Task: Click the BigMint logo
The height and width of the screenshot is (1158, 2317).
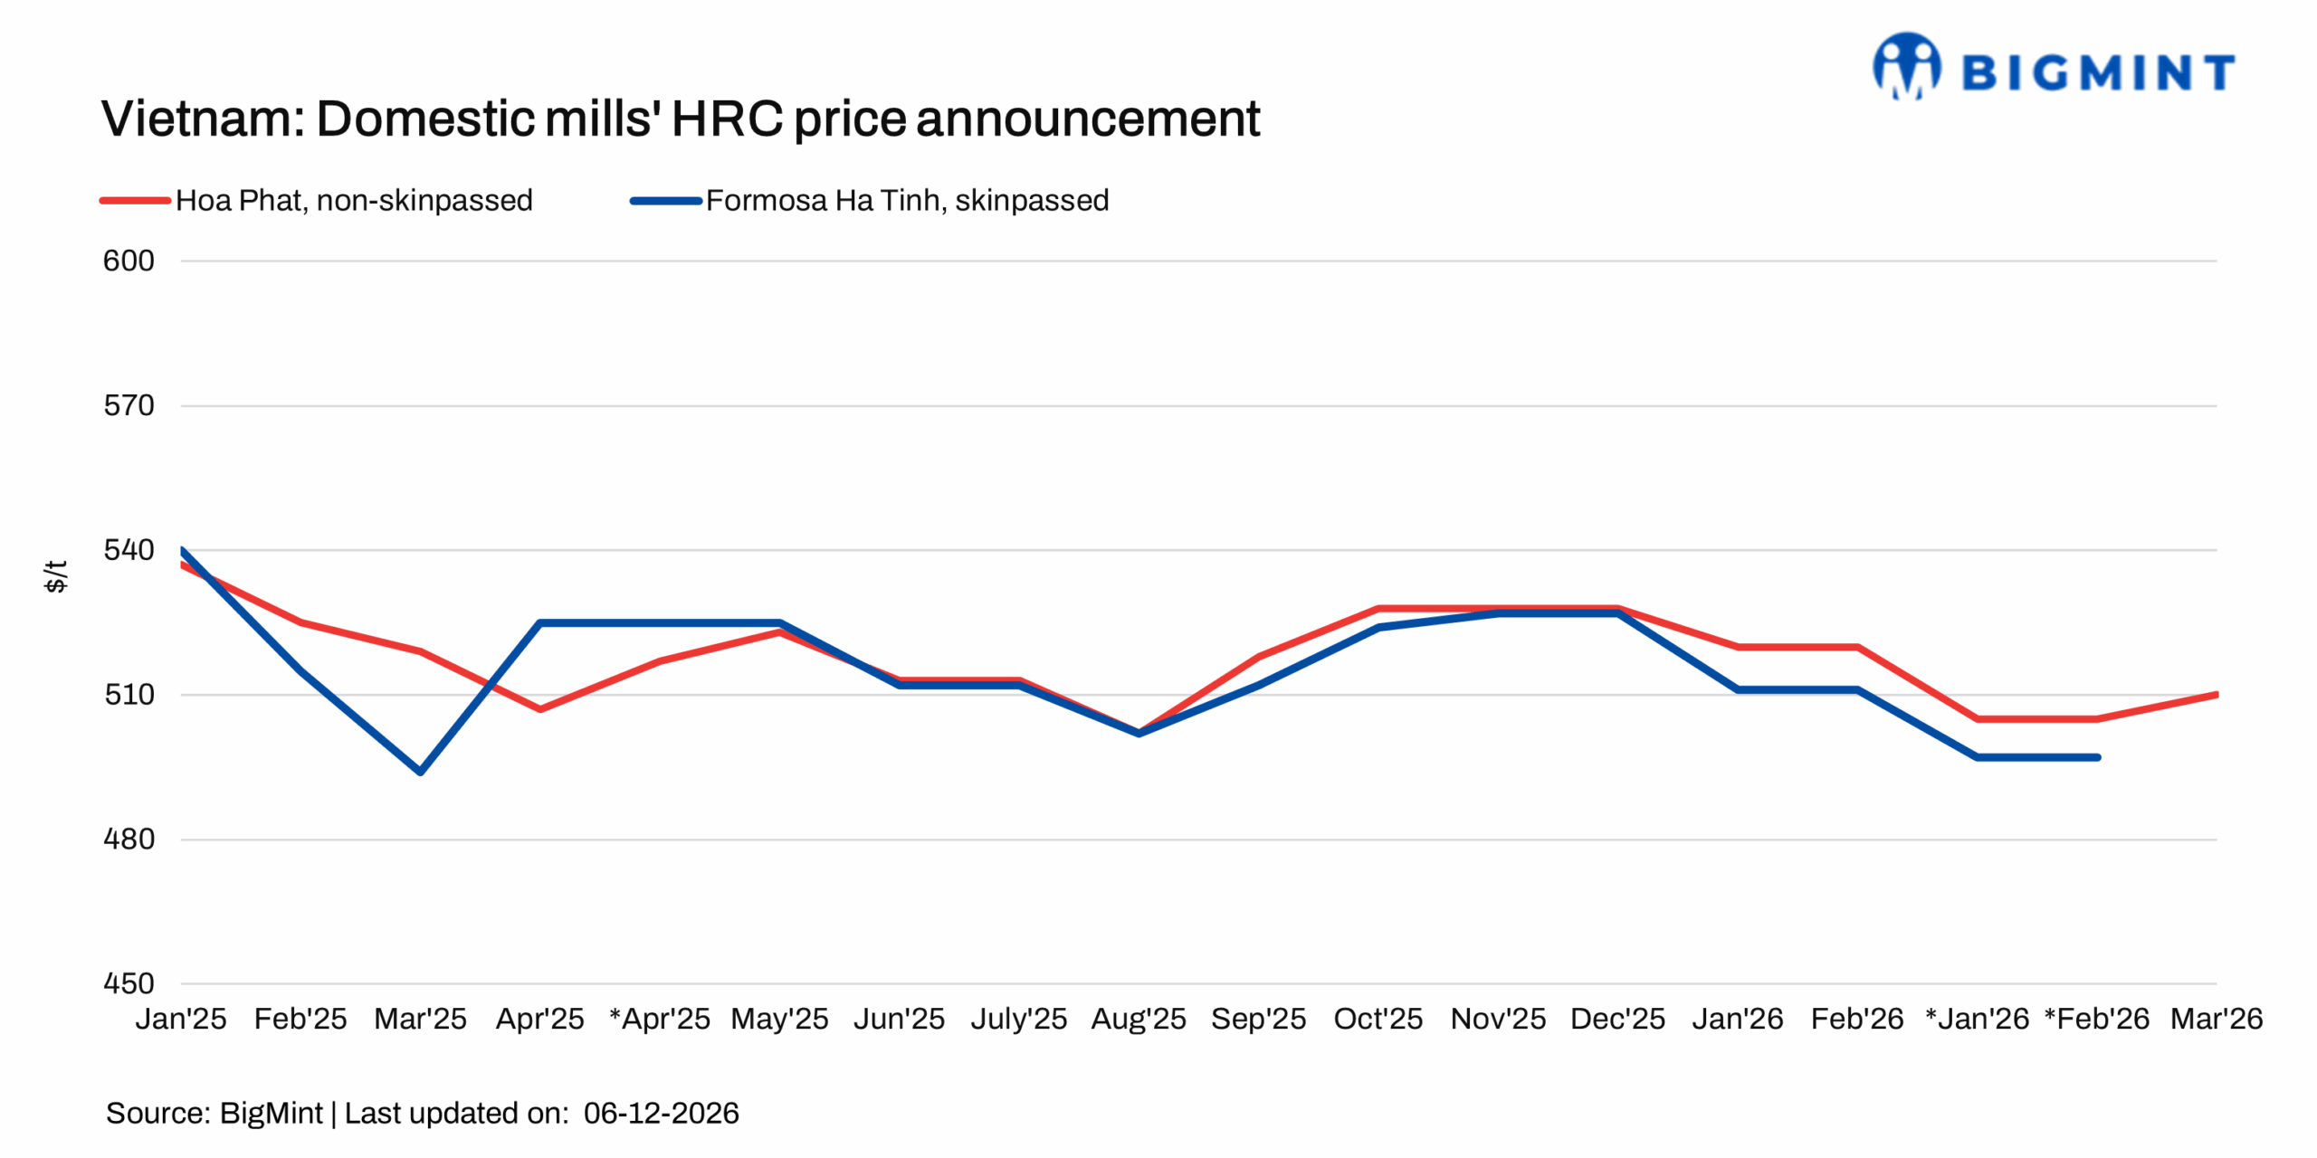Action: [2053, 67]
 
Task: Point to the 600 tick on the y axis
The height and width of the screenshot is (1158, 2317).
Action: [129, 261]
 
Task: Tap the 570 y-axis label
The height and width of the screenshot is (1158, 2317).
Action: [129, 405]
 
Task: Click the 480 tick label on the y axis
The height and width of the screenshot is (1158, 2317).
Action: [129, 839]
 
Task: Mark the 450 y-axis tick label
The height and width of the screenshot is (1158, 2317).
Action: [129, 983]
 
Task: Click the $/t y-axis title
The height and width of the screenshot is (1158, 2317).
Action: [55, 576]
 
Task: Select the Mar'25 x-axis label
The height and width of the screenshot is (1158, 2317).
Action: [420, 1019]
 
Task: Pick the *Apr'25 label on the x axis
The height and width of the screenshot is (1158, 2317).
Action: [660, 1019]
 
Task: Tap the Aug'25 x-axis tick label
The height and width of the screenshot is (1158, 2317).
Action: [1138, 1019]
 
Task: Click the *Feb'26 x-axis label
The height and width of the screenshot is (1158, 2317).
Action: [2096, 1019]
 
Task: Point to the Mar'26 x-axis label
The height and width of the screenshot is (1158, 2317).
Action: [2216, 1019]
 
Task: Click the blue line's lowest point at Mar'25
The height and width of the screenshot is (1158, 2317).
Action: [421, 772]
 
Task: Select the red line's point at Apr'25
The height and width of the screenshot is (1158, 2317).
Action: [540, 709]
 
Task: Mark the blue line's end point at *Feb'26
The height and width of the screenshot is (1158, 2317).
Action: [2097, 757]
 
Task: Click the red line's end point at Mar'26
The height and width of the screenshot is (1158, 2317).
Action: [2216, 695]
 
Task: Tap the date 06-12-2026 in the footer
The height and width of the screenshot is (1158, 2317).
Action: [661, 1113]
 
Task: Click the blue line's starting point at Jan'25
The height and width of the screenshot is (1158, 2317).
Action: [183, 550]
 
